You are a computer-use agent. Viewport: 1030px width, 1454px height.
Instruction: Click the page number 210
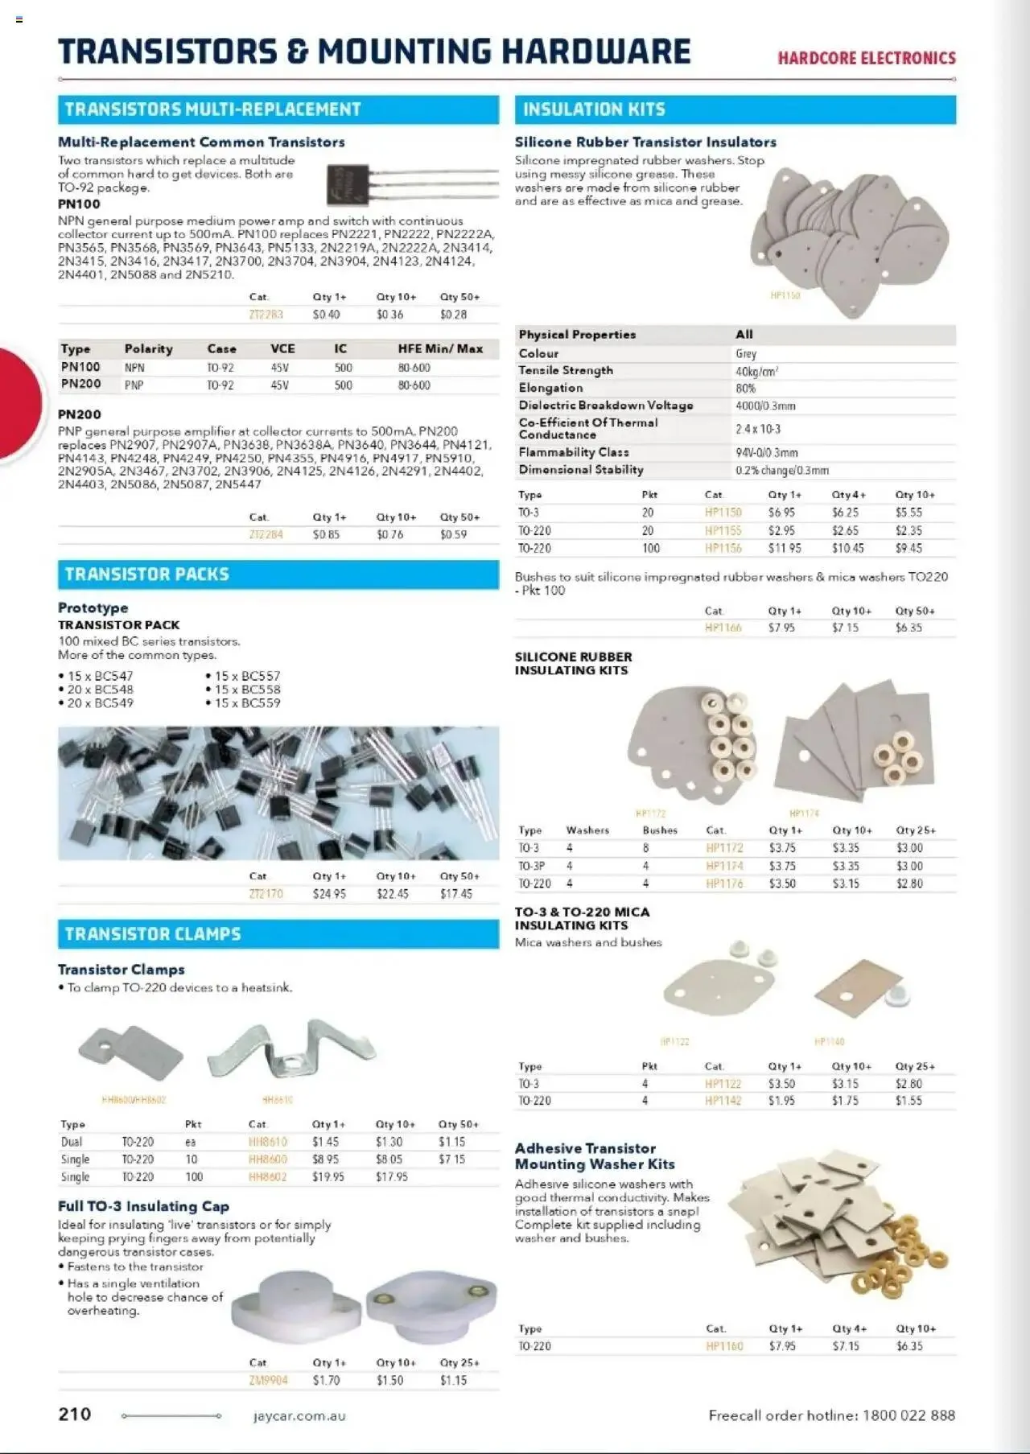point(75,1414)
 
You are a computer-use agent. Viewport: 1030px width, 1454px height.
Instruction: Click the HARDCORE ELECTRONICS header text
point(866,58)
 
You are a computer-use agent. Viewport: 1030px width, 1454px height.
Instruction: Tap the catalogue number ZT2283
point(266,315)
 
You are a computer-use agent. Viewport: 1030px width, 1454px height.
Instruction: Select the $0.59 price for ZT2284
point(453,534)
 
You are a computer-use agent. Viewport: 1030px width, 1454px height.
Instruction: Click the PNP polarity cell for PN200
point(134,385)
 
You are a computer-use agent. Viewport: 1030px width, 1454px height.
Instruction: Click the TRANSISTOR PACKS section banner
point(278,575)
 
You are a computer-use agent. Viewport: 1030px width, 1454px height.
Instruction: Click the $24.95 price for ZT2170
point(328,894)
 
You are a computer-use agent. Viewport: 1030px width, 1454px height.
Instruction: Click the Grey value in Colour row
point(745,354)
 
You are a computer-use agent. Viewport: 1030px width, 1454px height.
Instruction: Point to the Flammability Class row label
point(573,452)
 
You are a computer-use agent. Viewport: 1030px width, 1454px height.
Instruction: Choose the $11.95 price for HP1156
point(784,548)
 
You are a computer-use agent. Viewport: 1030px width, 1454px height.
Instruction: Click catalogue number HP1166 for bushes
point(723,628)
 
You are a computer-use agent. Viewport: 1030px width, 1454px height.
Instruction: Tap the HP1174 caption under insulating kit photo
point(803,813)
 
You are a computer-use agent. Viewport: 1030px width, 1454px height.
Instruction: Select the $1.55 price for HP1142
point(908,1101)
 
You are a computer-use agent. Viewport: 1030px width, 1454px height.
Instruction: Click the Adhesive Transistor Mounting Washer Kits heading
point(594,1156)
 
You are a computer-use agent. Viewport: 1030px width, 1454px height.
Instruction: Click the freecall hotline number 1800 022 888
point(908,1415)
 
